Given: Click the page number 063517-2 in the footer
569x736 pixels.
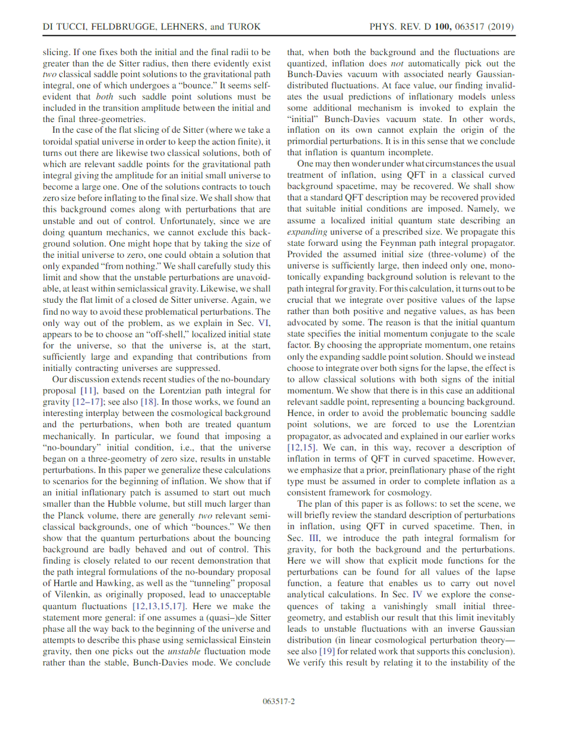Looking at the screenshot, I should pos(284,701).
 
